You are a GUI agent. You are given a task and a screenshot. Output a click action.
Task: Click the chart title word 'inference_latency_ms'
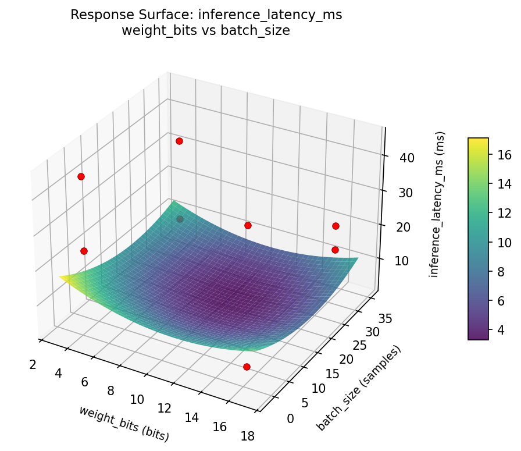point(270,15)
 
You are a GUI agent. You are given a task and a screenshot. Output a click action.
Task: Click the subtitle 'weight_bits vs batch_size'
point(206,31)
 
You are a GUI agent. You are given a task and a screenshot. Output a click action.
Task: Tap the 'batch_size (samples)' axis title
point(359,388)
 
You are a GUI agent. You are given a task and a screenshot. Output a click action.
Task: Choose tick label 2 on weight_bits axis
point(33,364)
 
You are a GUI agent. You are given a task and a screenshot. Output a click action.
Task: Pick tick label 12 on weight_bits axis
point(164,409)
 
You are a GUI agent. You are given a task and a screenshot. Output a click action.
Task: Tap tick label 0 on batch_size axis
point(290,418)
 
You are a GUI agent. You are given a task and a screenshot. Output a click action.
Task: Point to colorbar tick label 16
point(504,154)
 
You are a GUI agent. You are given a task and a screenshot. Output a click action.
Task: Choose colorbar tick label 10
point(504,242)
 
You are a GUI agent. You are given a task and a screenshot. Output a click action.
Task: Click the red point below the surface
point(247,367)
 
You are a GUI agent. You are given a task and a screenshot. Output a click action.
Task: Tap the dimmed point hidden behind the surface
point(180,219)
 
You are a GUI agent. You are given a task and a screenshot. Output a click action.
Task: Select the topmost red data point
point(179,141)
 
